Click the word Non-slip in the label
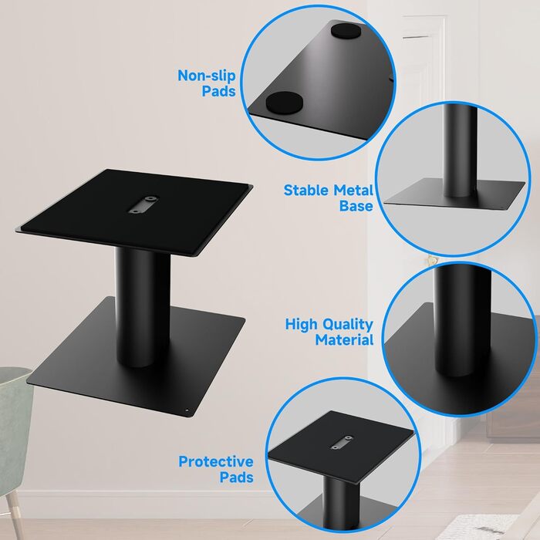[207, 76]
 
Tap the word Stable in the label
[305, 190]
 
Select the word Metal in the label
[353, 190]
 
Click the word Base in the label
[356, 206]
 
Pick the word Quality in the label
[347, 325]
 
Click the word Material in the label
[344, 340]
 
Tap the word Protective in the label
[216, 461]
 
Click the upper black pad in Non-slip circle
[346, 30]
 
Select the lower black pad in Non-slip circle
[285, 103]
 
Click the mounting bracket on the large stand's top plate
[143, 204]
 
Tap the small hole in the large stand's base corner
[187, 410]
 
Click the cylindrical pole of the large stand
[143, 306]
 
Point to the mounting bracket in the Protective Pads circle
[342, 442]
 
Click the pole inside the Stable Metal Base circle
[460, 151]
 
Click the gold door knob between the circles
[430, 260]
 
